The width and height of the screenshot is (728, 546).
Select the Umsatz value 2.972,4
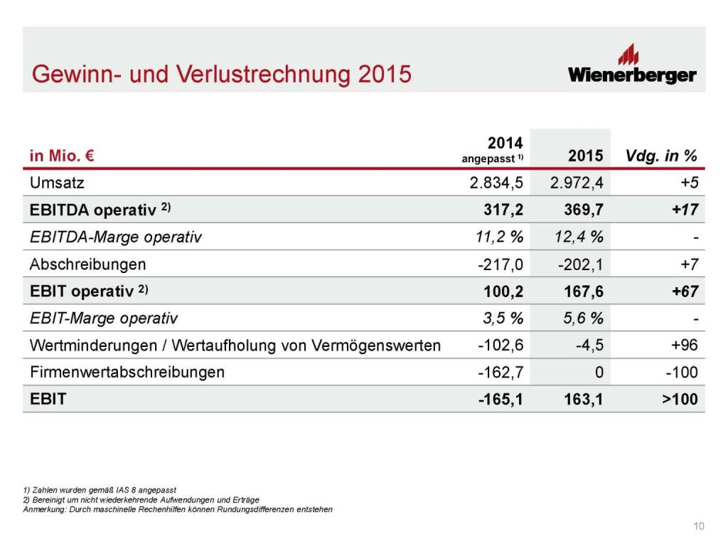(x=577, y=183)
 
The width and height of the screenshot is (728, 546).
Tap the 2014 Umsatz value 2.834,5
(x=496, y=183)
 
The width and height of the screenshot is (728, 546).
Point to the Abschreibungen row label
(x=87, y=264)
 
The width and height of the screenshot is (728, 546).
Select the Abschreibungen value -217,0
(x=500, y=264)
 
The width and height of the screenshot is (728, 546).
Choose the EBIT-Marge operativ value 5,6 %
(x=582, y=318)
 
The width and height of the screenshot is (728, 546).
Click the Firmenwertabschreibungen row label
(x=127, y=373)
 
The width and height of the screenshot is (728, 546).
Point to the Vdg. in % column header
(x=661, y=156)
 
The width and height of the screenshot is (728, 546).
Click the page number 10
(x=699, y=526)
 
